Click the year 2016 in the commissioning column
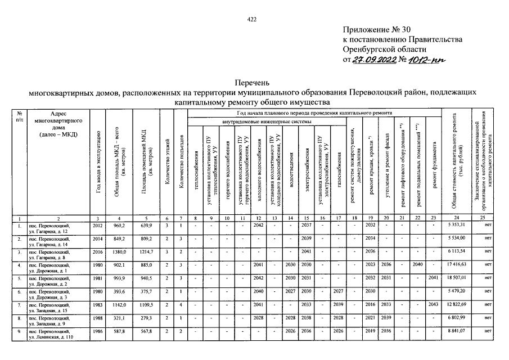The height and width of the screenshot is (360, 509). click(x=97, y=250)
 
